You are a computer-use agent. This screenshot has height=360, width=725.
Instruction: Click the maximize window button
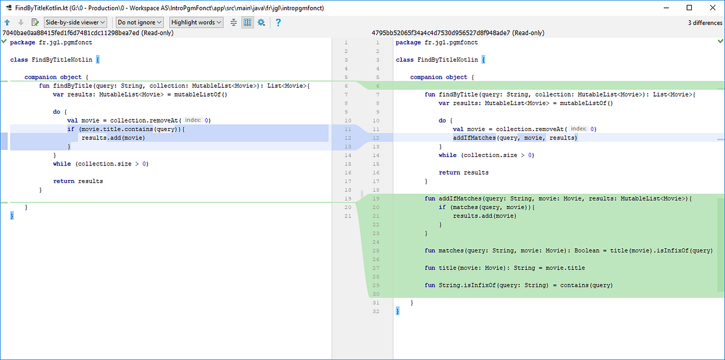[689, 8]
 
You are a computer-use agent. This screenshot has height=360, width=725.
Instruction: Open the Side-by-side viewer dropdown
[76, 22]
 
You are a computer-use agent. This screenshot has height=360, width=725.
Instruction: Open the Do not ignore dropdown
[140, 22]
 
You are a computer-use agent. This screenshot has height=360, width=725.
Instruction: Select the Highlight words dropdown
[196, 22]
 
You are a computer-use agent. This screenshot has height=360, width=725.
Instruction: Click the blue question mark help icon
[278, 22]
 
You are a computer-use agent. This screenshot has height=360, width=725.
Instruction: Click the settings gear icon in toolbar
[261, 22]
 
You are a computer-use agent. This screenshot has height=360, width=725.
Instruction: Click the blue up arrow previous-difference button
[7, 22]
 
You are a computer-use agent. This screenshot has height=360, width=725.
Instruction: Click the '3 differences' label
[704, 23]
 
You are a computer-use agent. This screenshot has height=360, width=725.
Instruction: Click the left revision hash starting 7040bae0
[71, 33]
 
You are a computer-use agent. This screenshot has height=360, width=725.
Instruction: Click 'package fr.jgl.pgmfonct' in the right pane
[436, 43]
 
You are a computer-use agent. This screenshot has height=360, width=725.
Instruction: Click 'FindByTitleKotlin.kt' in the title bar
[41, 8]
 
